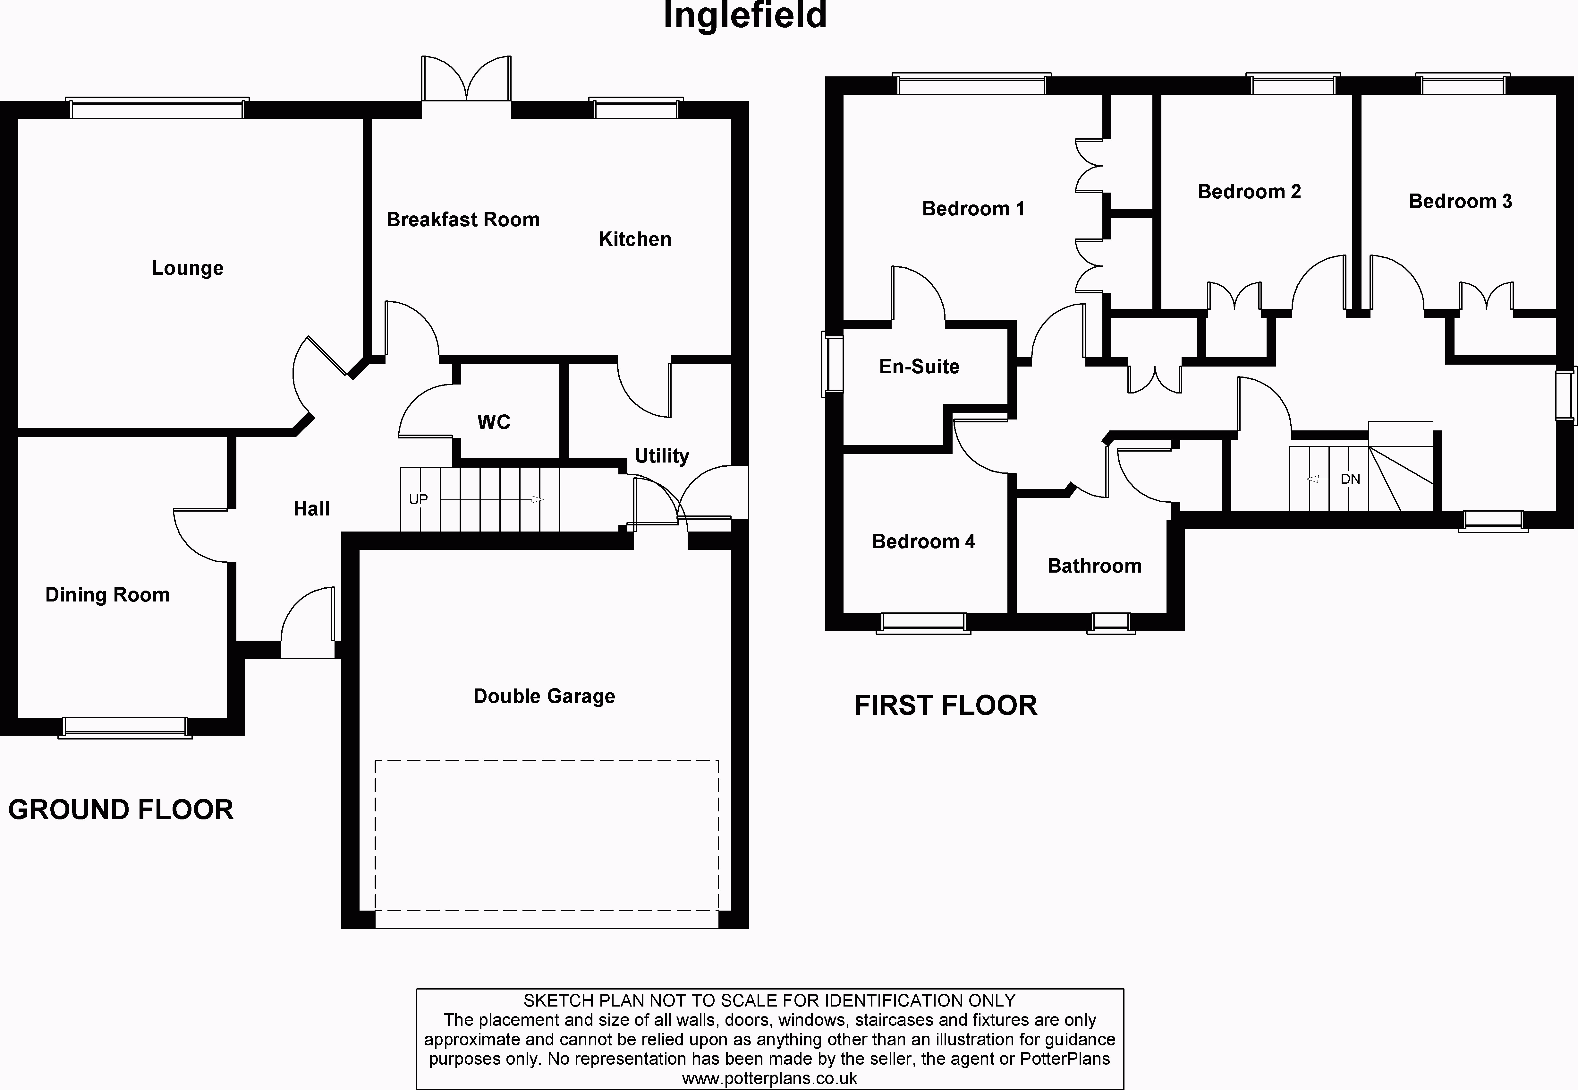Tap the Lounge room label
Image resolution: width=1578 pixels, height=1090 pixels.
(188, 268)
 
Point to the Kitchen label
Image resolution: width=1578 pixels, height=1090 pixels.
(635, 239)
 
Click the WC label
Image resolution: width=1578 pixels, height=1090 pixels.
(494, 422)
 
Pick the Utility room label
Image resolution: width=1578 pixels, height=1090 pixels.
(661, 455)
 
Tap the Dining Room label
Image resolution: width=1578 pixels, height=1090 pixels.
(107, 595)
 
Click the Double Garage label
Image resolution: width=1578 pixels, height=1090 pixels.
(544, 696)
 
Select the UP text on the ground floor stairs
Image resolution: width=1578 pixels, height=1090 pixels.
(418, 499)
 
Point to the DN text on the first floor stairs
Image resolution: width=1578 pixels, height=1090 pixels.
(1350, 479)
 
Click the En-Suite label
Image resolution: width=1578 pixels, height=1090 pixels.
(919, 367)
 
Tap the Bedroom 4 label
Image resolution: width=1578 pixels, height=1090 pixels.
(923, 541)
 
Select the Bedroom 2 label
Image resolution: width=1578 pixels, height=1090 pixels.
(1249, 192)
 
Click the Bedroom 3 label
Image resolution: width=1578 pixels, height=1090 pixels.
(1460, 202)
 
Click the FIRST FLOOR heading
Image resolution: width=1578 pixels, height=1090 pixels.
(945, 705)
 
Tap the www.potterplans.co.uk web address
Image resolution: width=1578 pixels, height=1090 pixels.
(769, 1078)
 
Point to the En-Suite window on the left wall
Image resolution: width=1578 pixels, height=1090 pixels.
(832, 364)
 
